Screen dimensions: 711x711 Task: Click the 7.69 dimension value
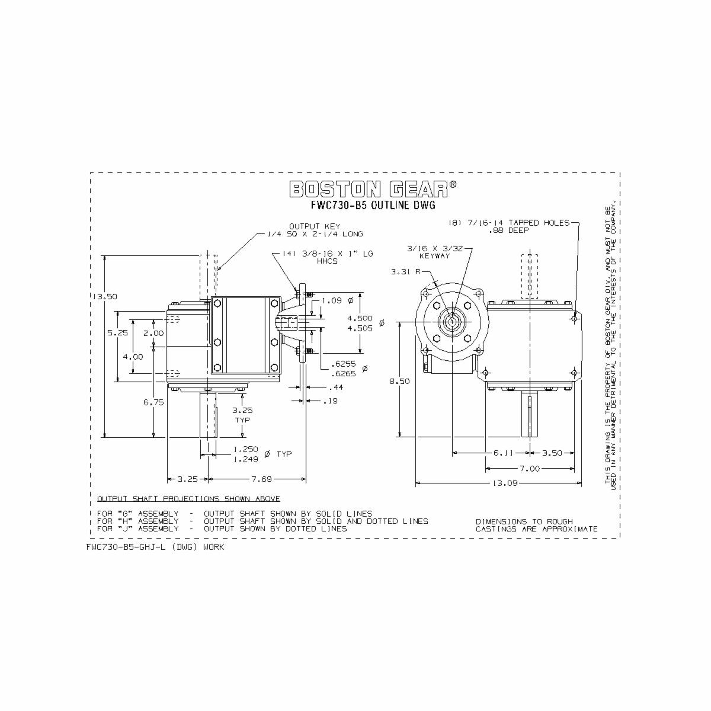pos(261,479)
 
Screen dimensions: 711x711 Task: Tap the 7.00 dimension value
pos(529,469)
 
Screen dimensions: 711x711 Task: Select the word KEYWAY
pos(435,256)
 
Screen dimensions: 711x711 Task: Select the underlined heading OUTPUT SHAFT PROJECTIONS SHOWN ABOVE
pos(188,499)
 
